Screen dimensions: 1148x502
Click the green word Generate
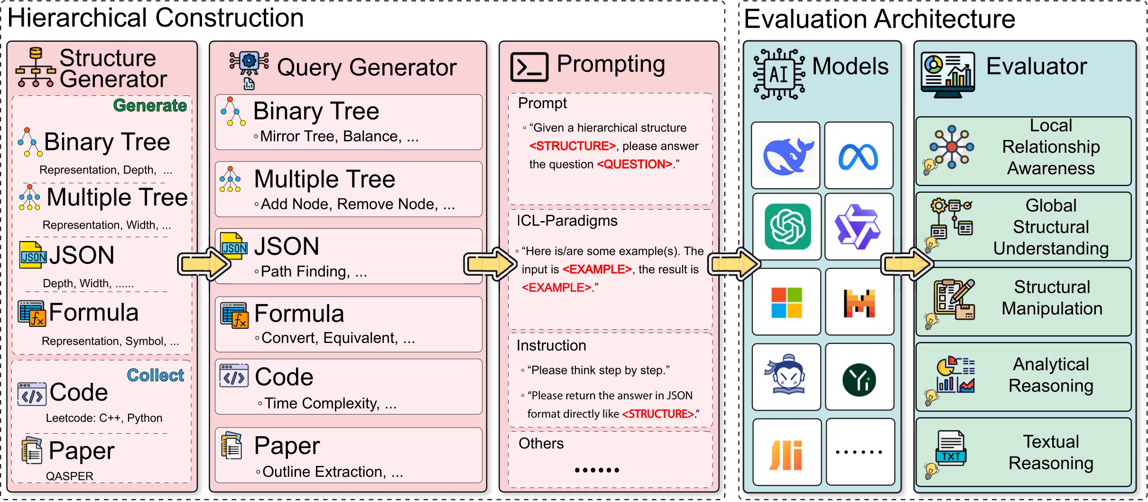click(x=150, y=105)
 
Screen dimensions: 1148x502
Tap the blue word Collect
click(x=155, y=375)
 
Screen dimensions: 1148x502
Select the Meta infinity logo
click(x=858, y=157)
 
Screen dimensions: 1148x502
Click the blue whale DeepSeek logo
click(x=787, y=156)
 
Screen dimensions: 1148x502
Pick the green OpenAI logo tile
click(x=788, y=226)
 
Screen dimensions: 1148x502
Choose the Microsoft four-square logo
click(x=787, y=303)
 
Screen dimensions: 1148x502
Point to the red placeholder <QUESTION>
click(x=635, y=164)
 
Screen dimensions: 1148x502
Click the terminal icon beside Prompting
click(x=529, y=67)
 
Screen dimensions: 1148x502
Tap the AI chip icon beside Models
click(x=779, y=74)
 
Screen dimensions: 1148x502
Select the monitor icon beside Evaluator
click(x=948, y=74)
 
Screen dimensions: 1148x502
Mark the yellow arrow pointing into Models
click(x=734, y=264)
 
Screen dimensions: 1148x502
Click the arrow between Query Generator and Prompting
click(x=491, y=264)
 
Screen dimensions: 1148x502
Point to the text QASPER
click(x=70, y=476)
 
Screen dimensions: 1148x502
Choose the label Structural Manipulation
click(x=1052, y=298)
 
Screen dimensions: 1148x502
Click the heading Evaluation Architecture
click(x=880, y=19)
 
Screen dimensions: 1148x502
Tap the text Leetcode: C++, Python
click(x=104, y=418)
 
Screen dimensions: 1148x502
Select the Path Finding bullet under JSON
click(x=311, y=271)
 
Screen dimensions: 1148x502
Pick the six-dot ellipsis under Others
click(x=597, y=470)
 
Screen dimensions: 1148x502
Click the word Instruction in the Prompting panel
click(x=551, y=345)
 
